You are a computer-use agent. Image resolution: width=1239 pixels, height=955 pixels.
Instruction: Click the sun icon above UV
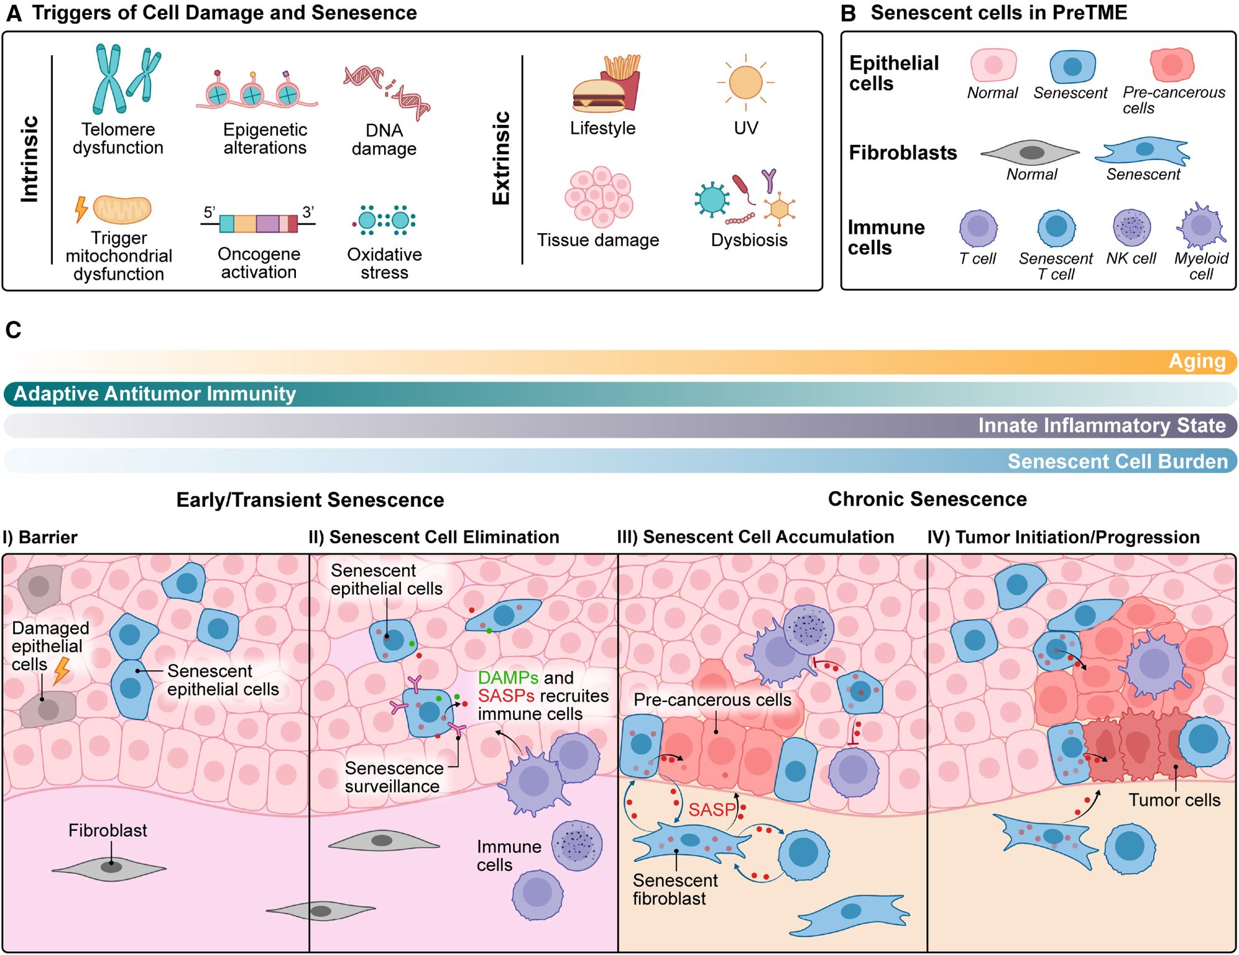point(745,82)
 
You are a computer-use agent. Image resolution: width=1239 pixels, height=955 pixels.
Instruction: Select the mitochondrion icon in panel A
point(122,210)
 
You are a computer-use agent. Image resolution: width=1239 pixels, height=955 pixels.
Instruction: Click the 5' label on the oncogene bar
point(210,213)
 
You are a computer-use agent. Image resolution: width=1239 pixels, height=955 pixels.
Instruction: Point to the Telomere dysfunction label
point(118,139)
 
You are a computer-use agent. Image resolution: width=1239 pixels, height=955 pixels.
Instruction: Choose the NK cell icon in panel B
point(1131,228)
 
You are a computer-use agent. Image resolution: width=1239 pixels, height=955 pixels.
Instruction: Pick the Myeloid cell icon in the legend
point(1200,226)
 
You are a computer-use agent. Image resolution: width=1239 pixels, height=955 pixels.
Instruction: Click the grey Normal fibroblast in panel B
point(1031,152)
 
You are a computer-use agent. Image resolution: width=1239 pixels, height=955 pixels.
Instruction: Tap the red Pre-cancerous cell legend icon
point(1172,65)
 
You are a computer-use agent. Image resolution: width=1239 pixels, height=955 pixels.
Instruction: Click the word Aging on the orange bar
point(1197,361)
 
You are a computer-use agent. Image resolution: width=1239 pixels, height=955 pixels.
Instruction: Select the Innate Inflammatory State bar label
point(1102,426)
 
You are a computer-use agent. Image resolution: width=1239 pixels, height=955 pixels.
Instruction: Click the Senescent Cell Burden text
point(1117,461)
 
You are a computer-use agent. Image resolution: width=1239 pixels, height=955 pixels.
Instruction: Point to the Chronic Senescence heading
point(927,499)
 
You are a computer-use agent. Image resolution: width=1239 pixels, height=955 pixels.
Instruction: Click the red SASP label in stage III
point(712,810)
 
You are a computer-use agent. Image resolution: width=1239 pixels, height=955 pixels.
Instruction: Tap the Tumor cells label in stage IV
point(1174,800)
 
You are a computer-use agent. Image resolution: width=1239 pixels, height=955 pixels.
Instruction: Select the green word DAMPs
point(508,678)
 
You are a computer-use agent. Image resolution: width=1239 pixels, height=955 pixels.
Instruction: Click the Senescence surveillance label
point(394,777)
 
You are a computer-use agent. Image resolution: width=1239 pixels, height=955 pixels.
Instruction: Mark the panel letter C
point(13,330)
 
